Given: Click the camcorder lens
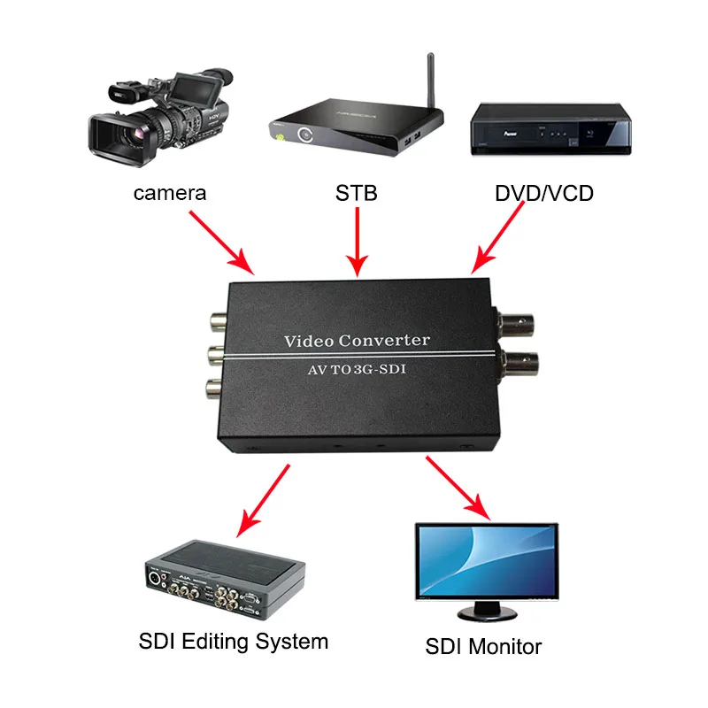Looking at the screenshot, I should [x=111, y=135].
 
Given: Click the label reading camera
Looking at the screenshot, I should [x=170, y=192].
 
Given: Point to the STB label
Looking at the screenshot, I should [x=357, y=192].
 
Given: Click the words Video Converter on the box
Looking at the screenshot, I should [x=357, y=341].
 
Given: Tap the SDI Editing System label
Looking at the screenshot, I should [x=234, y=641].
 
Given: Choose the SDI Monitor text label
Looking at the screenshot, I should [x=483, y=646].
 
